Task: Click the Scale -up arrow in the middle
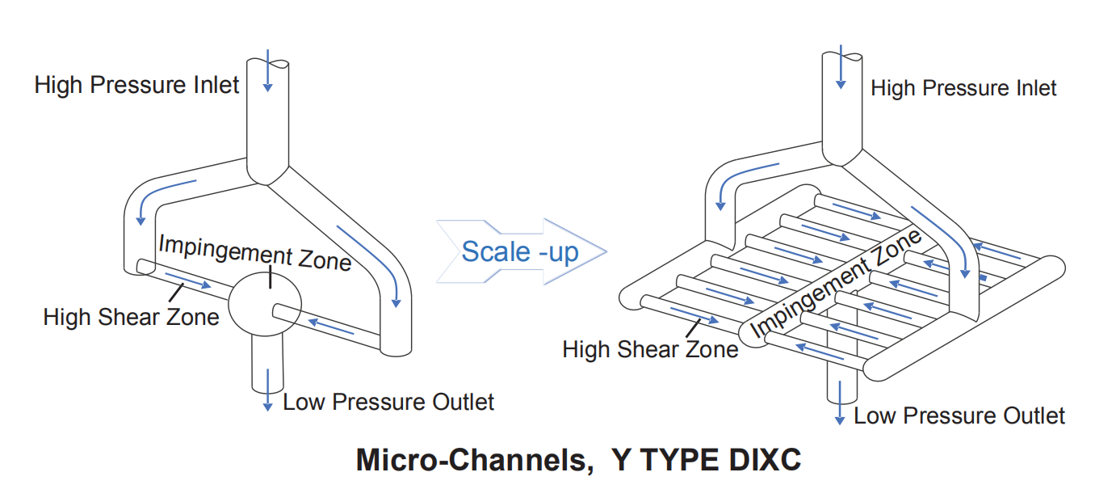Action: [521, 251]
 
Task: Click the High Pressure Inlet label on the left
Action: [136, 85]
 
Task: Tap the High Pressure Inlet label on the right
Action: [963, 88]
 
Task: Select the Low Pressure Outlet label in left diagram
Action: [388, 402]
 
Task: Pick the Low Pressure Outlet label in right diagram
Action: [959, 416]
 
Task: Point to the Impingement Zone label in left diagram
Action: [254, 252]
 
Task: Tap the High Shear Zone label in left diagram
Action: [131, 316]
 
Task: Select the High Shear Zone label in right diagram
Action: [650, 349]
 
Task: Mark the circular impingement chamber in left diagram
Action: [265, 306]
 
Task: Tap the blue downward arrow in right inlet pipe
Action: [841, 68]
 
